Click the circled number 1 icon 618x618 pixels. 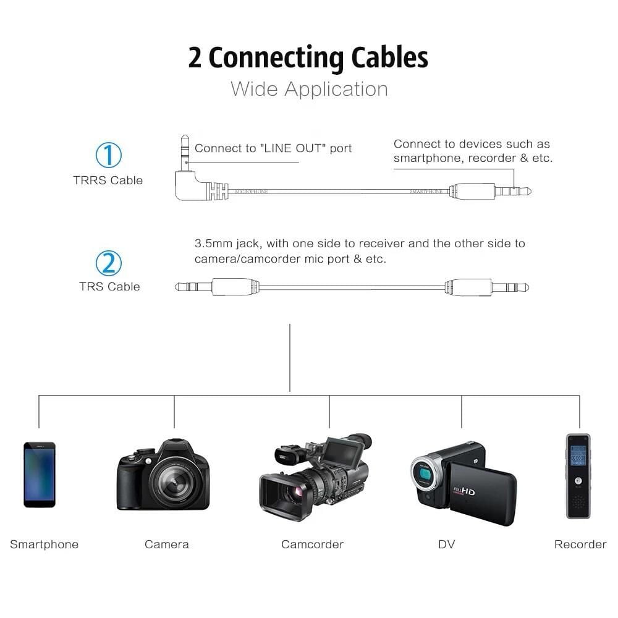(x=108, y=154)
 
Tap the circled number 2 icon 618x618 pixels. (x=108, y=263)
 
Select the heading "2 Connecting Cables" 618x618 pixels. (x=308, y=57)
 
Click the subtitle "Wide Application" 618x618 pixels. (x=309, y=89)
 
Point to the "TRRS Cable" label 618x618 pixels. (x=108, y=180)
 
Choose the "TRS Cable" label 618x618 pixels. (x=109, y=287)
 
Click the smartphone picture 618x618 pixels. (x=40, y=475)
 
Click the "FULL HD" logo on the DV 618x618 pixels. (x=465, y=491)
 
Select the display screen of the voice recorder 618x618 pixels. (x=578, y=455)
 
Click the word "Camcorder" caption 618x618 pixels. (x=312, y=544)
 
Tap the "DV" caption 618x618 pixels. (x=446, y=544)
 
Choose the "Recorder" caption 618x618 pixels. (x=580, y=544)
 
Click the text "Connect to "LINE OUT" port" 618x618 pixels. (x=273, y=148)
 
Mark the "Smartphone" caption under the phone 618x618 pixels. (x=44, y=544)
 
